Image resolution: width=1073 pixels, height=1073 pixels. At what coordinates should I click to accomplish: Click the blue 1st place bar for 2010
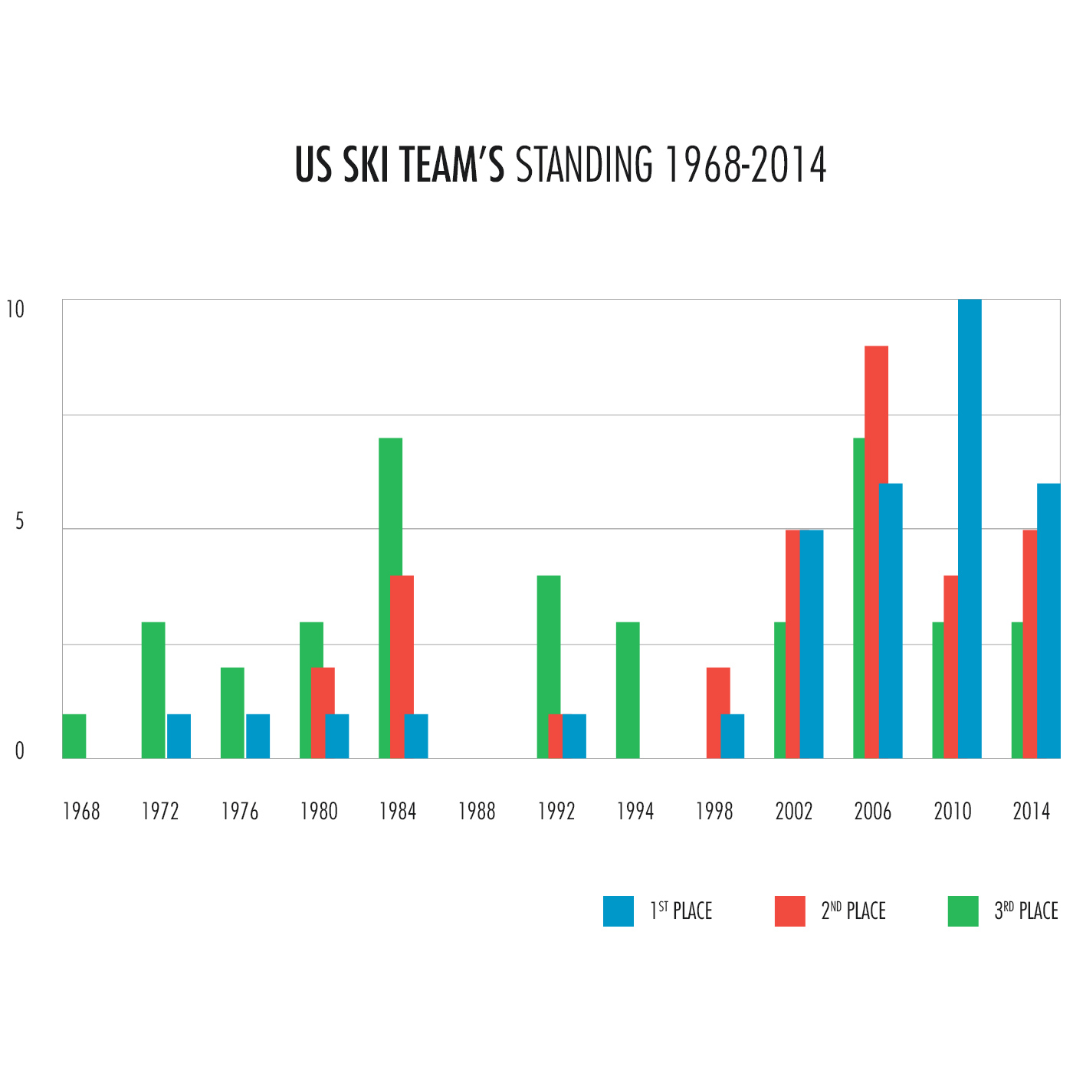click(x=970, y=529)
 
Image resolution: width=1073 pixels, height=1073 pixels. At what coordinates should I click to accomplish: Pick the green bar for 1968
click(x=74, y=737)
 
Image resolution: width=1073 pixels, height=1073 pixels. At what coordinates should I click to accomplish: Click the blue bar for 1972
click(x=179, y=737)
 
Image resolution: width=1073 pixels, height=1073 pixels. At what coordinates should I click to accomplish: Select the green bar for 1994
click(x=628, y=690)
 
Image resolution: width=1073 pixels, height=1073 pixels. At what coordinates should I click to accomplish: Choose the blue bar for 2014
click(x=1048, y=621)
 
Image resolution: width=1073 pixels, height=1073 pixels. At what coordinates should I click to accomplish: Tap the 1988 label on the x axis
click(x=477, y=812)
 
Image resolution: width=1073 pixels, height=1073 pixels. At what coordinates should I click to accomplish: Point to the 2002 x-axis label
click(x=793, y=812)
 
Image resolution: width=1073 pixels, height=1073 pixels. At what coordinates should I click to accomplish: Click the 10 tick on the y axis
click(x=15, y=310)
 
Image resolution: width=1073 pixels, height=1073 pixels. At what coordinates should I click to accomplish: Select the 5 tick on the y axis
click(x=19, y=522)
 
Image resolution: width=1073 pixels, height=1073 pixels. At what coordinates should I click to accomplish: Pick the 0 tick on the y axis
click(x=19, y=752)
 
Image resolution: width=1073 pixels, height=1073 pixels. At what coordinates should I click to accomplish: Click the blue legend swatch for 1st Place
click(x=619, y=911)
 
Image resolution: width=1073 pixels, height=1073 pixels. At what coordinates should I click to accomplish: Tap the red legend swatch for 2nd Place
click(x=790, y=911)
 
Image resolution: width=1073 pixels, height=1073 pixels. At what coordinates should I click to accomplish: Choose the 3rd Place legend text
click(x=1025, y=911)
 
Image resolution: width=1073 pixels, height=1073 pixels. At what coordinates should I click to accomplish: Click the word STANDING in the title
click(x=584, y=164)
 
